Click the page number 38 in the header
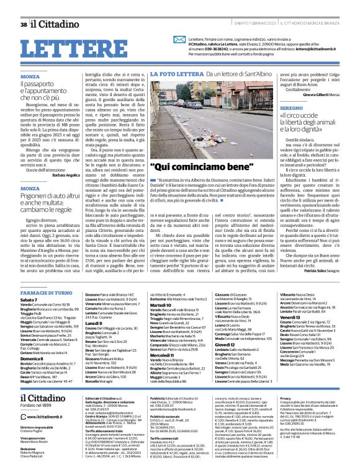click(24, 24)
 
